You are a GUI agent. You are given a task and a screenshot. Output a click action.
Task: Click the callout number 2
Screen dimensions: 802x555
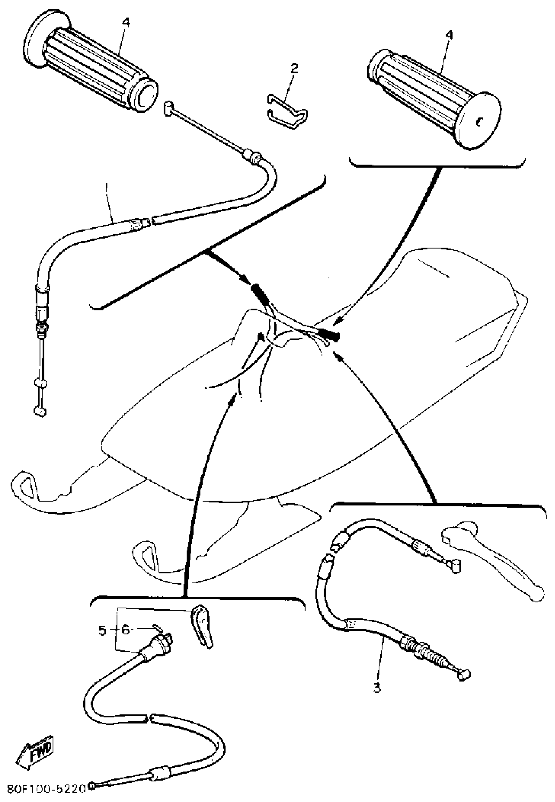(294, 68)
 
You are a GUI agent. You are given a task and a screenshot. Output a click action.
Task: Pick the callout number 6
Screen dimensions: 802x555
(126, 630)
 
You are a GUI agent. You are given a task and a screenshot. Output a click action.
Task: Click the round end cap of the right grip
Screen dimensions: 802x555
(480, 121)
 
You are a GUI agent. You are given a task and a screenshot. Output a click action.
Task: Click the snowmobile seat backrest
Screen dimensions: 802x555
(452, 275)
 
